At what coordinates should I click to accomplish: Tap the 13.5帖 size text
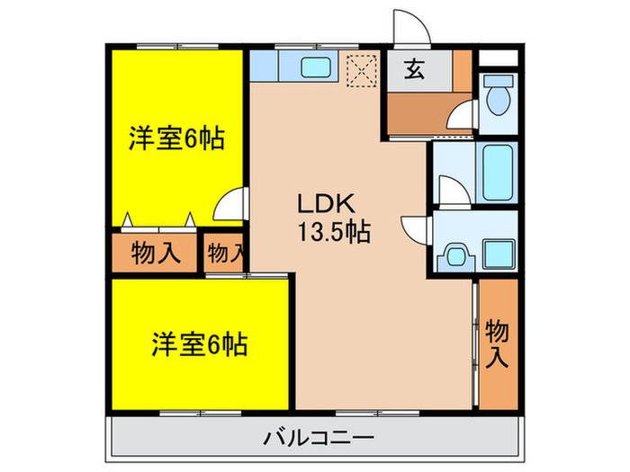click(x=334, y=233)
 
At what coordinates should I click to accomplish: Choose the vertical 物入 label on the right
click(x=498, y=343)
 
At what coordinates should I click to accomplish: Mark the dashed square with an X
click(x=362, y=70)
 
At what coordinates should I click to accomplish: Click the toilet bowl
click(x=497, y=100)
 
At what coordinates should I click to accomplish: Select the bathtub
click(x=497, y=174)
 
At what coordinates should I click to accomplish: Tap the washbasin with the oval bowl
click(x=455, y=256)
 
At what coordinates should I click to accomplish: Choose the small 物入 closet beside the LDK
click(x=225, y=254)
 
